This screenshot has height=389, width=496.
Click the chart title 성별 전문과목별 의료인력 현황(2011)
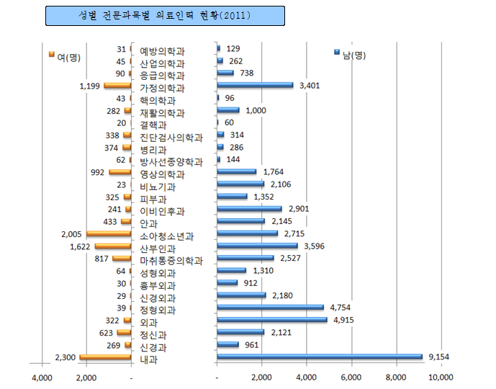[x=165, y=15]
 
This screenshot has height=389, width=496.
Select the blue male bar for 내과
[x=320, y=357]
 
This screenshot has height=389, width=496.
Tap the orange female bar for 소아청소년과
[x=108, y=234]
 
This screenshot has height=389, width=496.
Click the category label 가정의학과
[x=162, y=88]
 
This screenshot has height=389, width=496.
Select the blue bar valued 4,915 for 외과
[x=272, y=320]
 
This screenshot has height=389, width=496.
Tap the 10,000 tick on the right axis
[x=441, y=377]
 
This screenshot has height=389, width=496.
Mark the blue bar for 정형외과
[x=270, y=308]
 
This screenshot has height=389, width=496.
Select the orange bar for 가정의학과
[x=117, y=86]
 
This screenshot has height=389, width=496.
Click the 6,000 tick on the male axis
[x=351, y=377]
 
